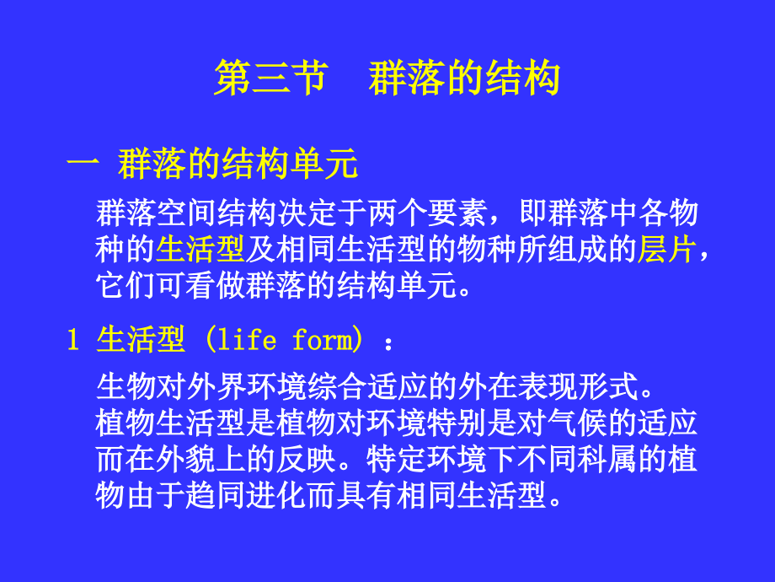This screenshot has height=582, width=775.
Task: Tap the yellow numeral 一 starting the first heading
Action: [x=83, y=164]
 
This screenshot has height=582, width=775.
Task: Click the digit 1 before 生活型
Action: [x=73, y=340]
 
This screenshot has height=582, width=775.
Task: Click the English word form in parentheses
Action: [x=321, y=340]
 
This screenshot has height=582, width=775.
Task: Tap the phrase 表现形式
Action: [x=579, y=388]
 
